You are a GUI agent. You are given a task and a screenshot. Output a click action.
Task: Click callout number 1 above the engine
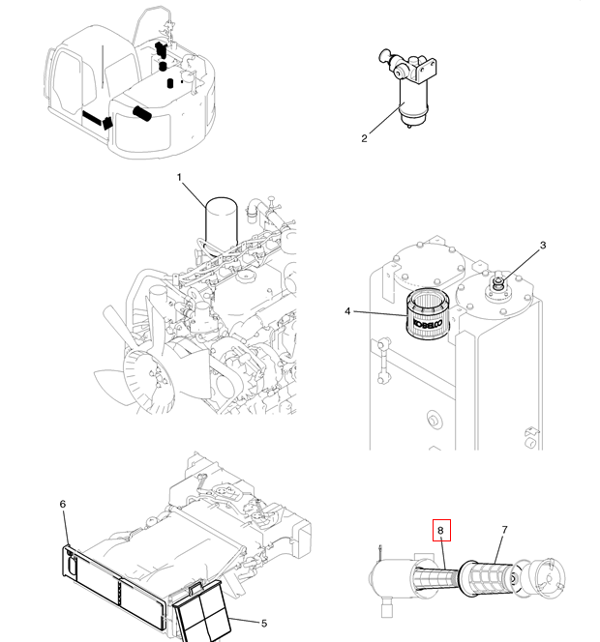(179, 177)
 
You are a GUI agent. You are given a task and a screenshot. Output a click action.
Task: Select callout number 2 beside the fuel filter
(364, 138)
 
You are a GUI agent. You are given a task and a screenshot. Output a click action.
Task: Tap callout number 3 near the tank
(543, 246)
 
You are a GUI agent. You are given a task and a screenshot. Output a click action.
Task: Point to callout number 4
(347, 311)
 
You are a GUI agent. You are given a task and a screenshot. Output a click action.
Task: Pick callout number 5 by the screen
(264, 624)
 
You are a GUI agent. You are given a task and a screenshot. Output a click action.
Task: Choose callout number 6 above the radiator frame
(63, 504)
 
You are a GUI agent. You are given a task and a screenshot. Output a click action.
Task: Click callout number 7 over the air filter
(504, 530)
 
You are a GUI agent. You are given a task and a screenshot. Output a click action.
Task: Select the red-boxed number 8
(441, 530)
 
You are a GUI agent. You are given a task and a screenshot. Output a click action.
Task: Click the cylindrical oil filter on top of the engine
(222, 223)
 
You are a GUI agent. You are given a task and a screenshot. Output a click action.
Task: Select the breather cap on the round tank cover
(497, 283)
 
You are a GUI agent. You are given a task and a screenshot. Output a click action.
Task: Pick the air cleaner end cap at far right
(547, 577)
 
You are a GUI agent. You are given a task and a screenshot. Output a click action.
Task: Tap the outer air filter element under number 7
(487, 578)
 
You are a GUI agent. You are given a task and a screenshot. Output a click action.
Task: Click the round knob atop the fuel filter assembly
(385, 55)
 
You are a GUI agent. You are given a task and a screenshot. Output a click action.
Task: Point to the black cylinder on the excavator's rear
(142, 113)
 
